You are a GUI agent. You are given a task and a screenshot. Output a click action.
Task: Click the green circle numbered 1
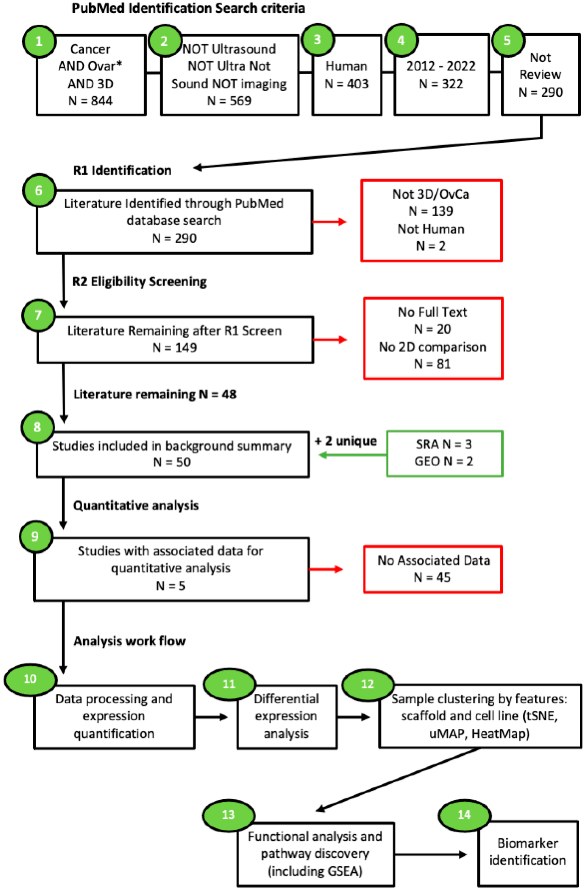pos(39,41)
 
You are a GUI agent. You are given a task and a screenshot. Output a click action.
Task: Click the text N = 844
pos(90,101)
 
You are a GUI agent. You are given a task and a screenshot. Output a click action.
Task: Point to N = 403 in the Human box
pos(346,84)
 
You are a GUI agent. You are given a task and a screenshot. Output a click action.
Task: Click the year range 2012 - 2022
pos(441,66)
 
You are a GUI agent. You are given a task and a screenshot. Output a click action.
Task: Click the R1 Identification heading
pos(122,170)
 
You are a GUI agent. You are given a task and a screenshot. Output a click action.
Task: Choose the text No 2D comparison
pos(433,347)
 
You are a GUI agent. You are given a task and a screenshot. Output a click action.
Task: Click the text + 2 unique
pos(345,441)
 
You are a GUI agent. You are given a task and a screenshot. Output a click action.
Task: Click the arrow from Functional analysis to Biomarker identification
pos(431,855)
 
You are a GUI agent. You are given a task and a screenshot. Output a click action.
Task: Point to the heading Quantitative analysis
pos(135,506)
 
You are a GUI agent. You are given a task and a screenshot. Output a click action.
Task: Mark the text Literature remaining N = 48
pos(155,395)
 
